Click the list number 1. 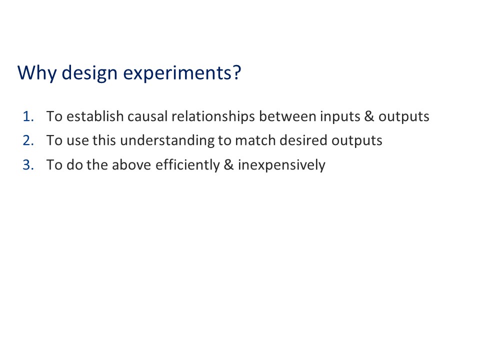[x=28, y=116]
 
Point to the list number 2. [x=28, y=140]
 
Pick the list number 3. [x=28, y=164]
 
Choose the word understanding [x=167, y=140]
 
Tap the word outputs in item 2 [x=357, y=141]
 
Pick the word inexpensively [x=281, y=164]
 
